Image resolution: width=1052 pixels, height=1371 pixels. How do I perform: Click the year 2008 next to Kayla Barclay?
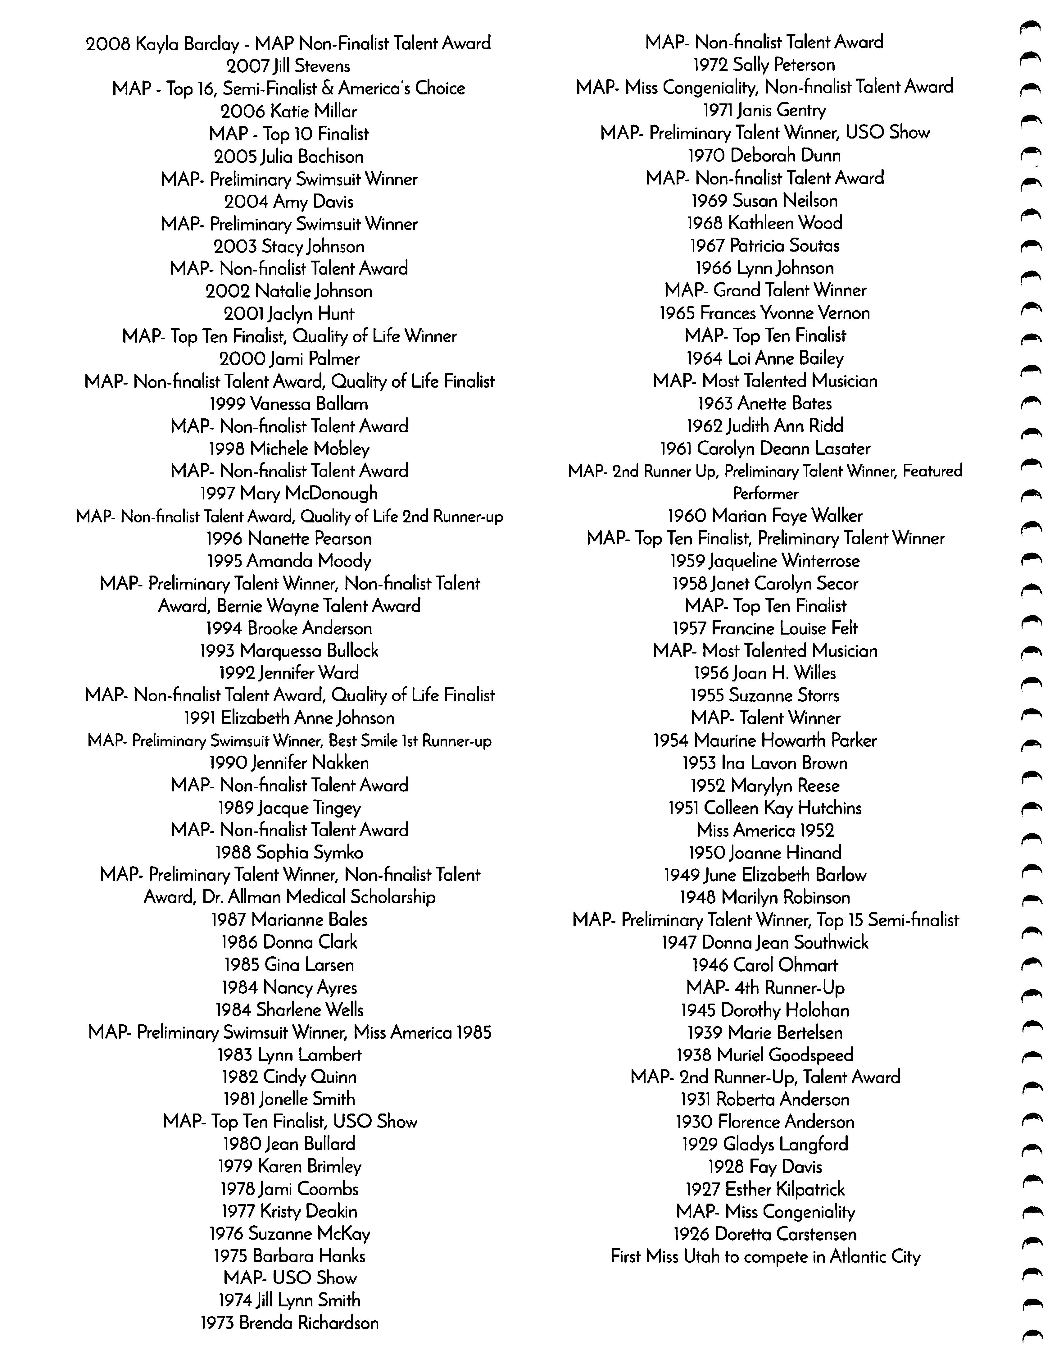click(108, 44)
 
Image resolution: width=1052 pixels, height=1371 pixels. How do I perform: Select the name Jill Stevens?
click(312, 66)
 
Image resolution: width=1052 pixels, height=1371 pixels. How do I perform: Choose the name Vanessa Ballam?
click(309, 404)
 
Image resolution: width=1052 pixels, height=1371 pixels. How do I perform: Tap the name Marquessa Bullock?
click(309, 651)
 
